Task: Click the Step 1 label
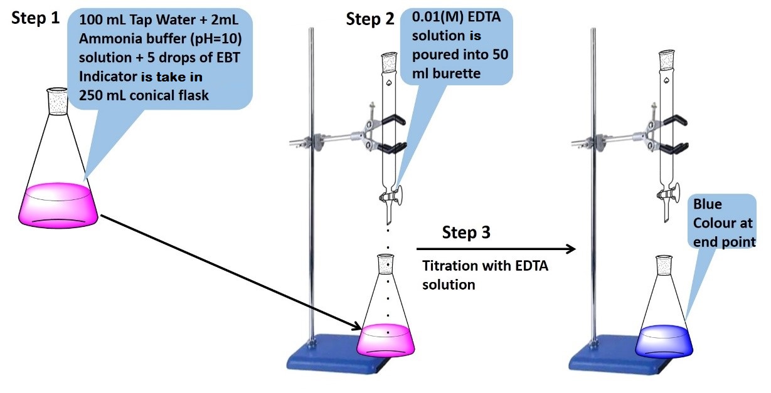[36, 19]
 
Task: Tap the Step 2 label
[370, 19]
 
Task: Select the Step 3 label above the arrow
[466, 233]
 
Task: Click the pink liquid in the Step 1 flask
[58, 206]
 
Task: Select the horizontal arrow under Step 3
[496, 249]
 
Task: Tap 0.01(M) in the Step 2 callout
[437, 17]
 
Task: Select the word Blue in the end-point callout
[707, 204]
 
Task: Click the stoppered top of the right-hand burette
[667, 61]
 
